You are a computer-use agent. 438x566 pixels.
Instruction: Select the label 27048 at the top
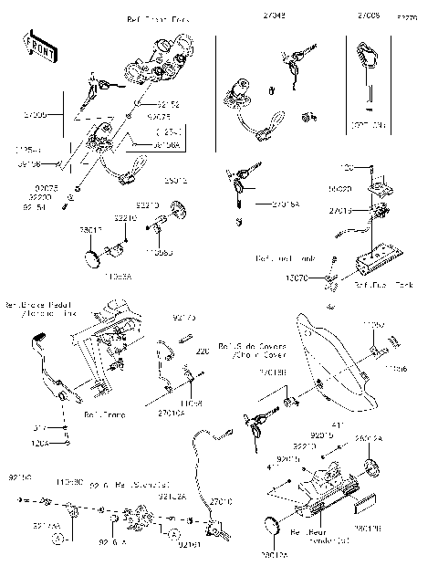pos(274,16)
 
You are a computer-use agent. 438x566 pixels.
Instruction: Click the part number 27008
pos(370,16)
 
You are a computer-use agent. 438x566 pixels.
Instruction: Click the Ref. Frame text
pos(103,414)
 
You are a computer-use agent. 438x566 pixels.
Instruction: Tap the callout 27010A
pos(171,414)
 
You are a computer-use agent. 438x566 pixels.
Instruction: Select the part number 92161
pos(189,545)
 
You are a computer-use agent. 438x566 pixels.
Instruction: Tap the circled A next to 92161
pos(173,529)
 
